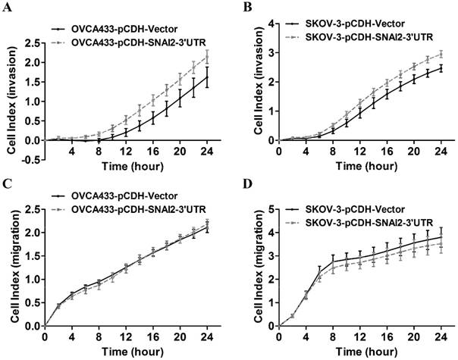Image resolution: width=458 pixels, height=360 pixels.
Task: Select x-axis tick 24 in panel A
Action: pos(206,151)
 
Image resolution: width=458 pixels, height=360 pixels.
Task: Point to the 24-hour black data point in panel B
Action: pos(441,68)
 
